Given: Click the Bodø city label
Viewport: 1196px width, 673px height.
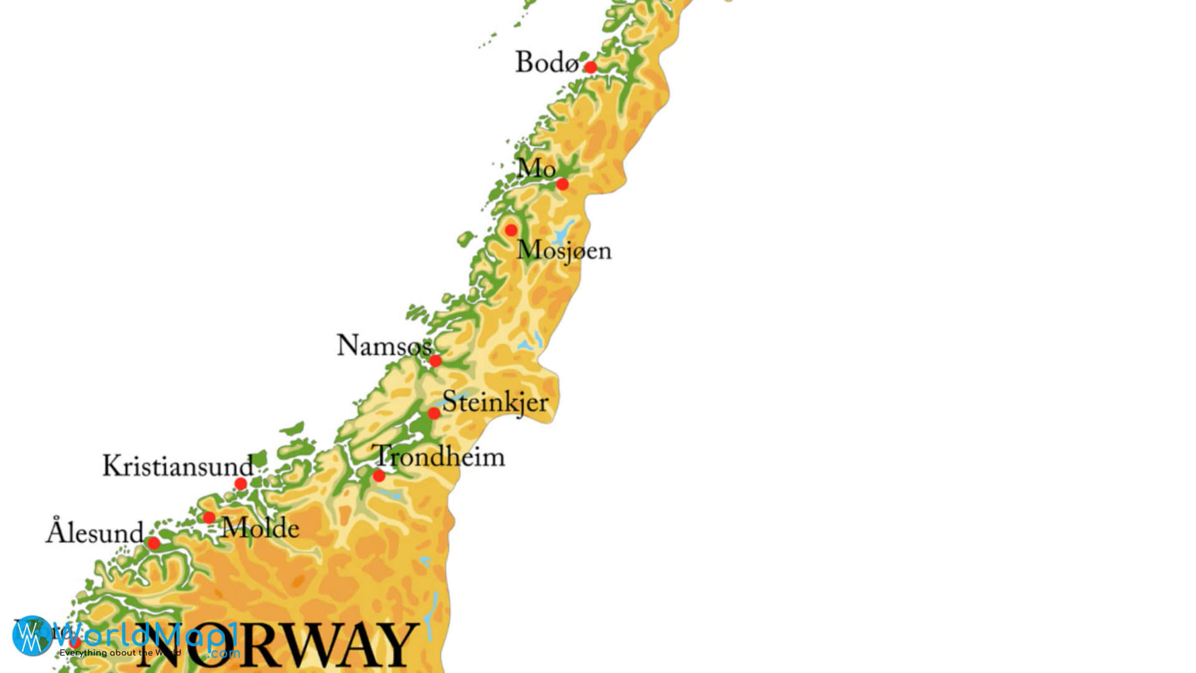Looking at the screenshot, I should (x=546, y=63).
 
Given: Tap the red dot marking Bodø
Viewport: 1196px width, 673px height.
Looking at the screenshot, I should (x=591, y=67).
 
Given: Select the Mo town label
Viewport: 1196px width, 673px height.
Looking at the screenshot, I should (x=536, y=168).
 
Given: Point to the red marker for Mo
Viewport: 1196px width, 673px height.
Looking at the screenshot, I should (x=562, y=184).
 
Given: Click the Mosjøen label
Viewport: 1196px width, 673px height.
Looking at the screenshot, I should (x=564, y=251).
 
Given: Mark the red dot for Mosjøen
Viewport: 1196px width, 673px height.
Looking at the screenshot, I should (x=511, y=231).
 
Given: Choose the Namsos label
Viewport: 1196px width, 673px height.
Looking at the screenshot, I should (x=384, y=346).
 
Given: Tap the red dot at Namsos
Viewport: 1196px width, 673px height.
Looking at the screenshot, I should (x=435, y=361).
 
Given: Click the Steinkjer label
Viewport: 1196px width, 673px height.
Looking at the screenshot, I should (x=495, y=402).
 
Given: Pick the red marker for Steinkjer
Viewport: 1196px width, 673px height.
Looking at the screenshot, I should (x=434, y=414).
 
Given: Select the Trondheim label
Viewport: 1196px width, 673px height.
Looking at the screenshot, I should (x=440, y=457).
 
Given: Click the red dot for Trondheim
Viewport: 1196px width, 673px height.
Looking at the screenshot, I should (x=379, y=476).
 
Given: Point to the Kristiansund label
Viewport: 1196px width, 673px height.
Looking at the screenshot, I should (x=178, y=466).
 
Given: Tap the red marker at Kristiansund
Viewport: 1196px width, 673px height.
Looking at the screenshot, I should (x=240, y=484).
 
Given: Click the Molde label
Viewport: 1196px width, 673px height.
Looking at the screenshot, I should (x=260, y=529).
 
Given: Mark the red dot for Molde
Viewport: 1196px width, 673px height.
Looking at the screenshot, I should (x=209, y=518).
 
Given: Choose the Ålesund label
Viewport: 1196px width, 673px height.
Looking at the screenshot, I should (x=95, y=533).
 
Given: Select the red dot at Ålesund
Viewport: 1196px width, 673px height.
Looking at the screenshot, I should (x=154, y=543).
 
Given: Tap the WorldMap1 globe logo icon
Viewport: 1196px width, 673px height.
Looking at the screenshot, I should (x=31, y=636).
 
